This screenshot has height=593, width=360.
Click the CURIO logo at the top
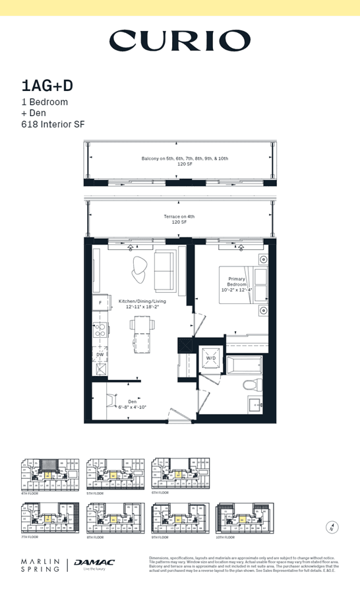tap(179, 41)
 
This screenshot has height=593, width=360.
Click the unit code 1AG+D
tap(47, 86)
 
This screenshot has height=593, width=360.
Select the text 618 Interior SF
tap(53, 124)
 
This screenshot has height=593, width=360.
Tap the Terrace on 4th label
tap(179, 219)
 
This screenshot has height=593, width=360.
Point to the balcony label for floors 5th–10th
tap(185, 161)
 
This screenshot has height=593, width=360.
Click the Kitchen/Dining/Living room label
tap(142, 304)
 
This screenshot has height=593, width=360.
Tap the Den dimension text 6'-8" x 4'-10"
tap(132, 407)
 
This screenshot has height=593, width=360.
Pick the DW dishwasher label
tap(100, 354)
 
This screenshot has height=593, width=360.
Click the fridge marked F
tap(100, 304)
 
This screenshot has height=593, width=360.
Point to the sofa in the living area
tap(165, 270)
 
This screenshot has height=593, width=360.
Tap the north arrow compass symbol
tap(332, 527)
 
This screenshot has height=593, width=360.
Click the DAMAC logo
tap(94, 563)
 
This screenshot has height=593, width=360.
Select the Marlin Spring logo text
tap(40, 565)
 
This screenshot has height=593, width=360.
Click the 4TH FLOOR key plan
tap(49, 474)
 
